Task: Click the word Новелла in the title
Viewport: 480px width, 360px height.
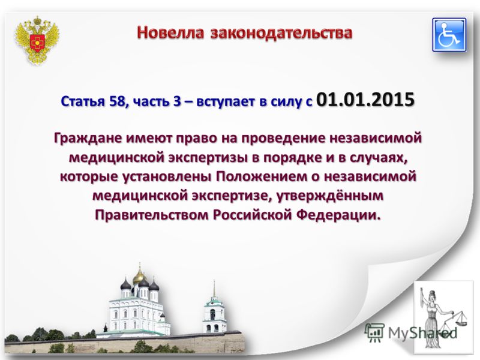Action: pos(170,32)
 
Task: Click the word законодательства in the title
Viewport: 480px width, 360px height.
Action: pos(281,32)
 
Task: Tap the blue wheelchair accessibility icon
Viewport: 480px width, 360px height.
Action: pos(449,35)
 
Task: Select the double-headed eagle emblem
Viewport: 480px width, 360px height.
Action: pos(37,40)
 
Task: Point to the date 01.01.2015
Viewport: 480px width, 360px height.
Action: pos(365,99)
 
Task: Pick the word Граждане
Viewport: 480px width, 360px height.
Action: pos(88,138)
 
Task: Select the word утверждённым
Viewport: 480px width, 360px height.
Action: pos(330,196)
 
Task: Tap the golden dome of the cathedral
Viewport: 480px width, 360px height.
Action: pos(139,277)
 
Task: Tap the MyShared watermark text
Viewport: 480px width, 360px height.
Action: pos(412,332)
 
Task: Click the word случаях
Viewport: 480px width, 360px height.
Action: pos(379,158)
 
